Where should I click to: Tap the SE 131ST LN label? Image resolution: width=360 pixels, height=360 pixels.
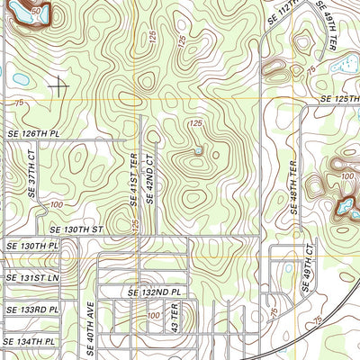[31, 277]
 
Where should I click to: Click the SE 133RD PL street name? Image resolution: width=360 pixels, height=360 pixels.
[31, 309]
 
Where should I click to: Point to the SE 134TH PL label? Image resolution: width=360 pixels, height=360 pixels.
[31, 342]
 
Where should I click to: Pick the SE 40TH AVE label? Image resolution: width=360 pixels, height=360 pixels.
[90, 327]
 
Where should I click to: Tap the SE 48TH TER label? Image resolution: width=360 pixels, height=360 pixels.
[293, 186]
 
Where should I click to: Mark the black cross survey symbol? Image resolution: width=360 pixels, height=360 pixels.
[59, 86]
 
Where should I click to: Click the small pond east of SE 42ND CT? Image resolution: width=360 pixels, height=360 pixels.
[199, 152]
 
